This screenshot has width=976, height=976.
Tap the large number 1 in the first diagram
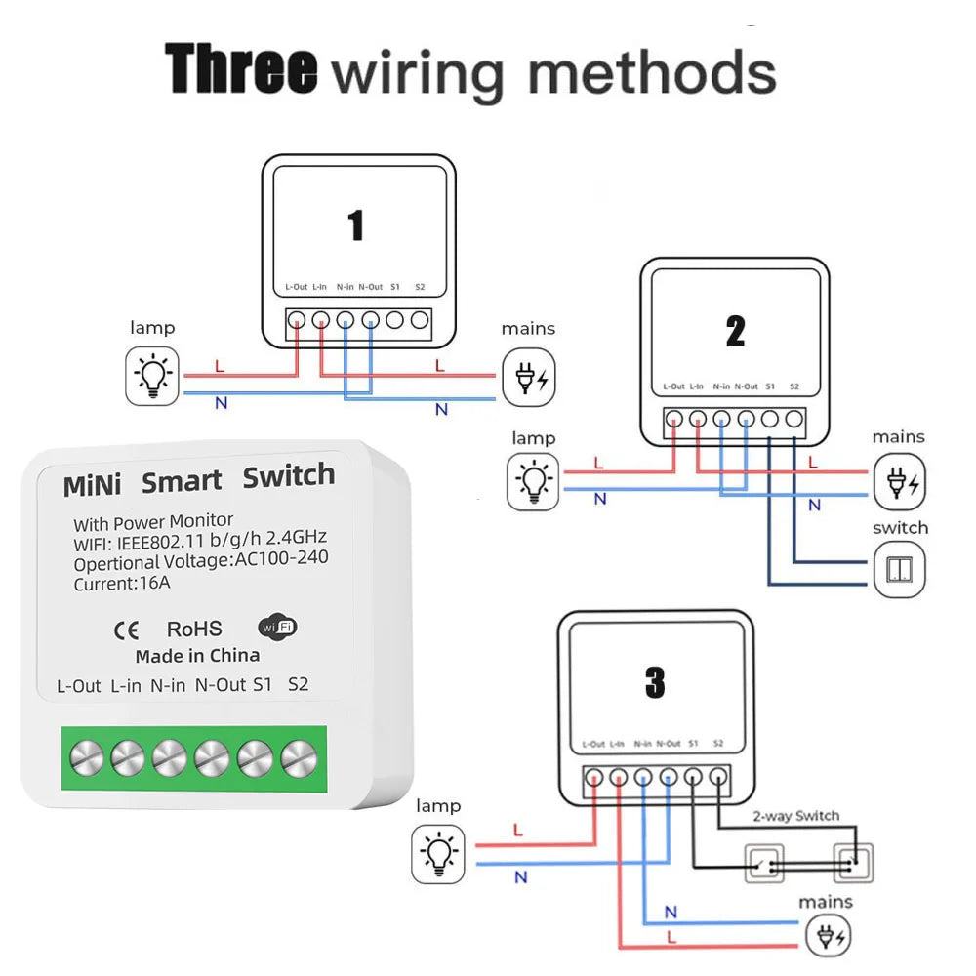tap(356, 225)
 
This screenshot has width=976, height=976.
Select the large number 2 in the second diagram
tap(735, 332)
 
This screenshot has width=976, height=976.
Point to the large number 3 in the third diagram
tap(654, 684)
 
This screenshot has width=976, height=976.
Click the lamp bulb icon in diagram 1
tap(154, 376)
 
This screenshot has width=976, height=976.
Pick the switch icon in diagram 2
tap(898, 572)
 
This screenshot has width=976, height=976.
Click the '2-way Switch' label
tap(795, 816)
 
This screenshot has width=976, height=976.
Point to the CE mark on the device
tap(127, 630)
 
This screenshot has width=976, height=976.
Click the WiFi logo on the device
tap(278, 627)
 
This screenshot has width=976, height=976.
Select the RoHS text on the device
tap(194, 630)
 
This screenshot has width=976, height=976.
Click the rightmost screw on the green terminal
tap(299, 756)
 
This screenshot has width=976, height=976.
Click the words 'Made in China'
tap(197, 655)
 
